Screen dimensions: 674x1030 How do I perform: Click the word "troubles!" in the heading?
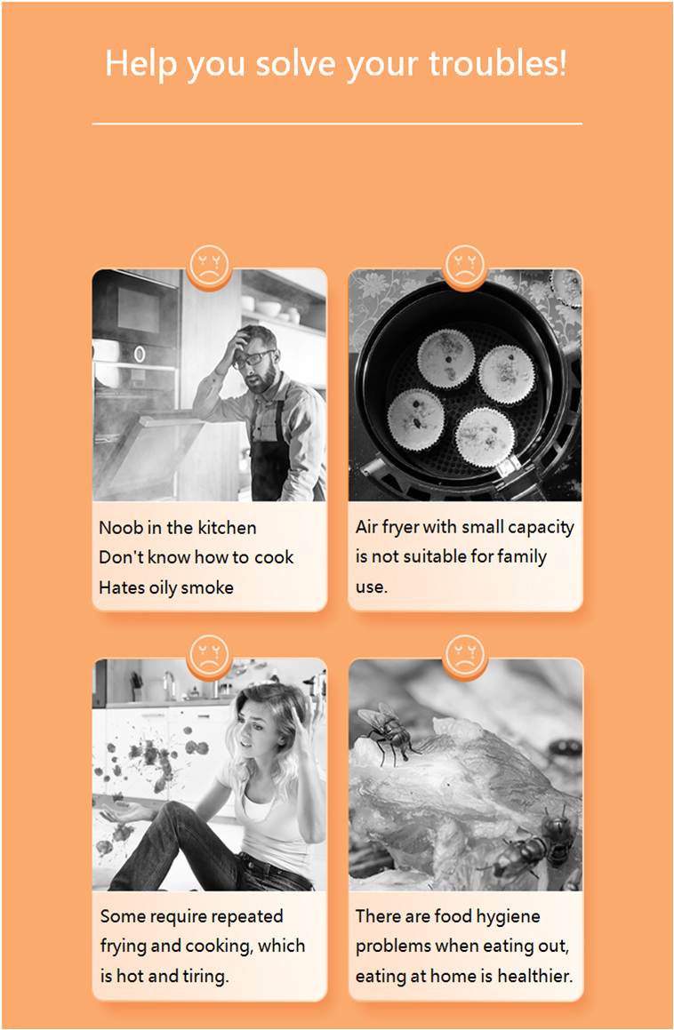498,64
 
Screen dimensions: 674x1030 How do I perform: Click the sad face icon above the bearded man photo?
209,267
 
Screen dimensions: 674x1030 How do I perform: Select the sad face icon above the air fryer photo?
465,267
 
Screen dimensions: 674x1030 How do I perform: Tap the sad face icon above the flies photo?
465,655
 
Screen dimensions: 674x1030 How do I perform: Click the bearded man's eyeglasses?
253,358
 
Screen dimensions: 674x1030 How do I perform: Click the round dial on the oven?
140,355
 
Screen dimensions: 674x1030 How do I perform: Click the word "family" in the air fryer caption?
522,557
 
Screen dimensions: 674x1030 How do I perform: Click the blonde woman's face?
256,728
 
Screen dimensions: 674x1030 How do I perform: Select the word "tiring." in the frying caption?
205,977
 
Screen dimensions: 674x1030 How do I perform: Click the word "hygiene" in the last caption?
509,917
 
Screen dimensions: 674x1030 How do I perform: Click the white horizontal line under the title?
337,124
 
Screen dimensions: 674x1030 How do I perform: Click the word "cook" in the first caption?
274,558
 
